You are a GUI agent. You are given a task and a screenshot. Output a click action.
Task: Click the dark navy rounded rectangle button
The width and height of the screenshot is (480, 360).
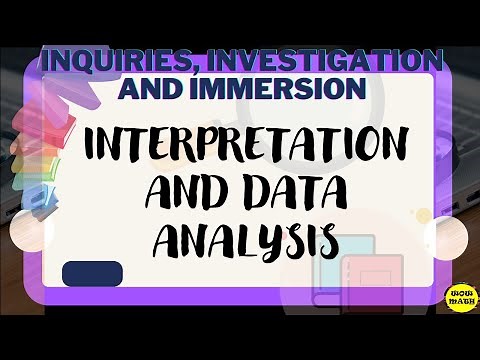[x=92, y=273]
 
